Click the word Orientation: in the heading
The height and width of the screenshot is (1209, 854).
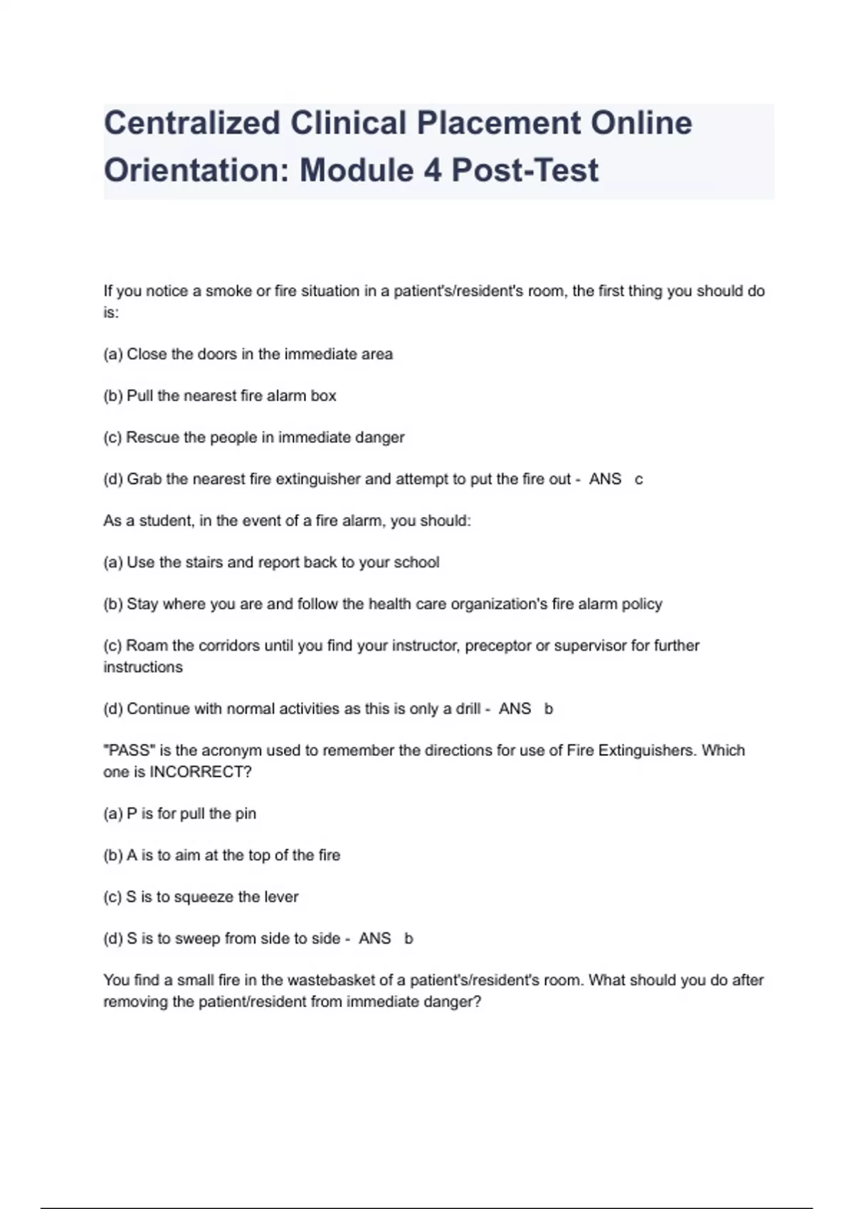pyautogui.click(x=196, y=170)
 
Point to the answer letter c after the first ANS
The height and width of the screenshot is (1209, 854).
pyautogui.click(x=638, y=479)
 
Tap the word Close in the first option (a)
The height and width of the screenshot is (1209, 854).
pyautogui.click(x=147, y=354)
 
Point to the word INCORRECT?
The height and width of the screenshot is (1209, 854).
pyautogui.click(x=200, y=772)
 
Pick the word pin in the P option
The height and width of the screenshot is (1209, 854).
pyautogui.click(x=246, y=814)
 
